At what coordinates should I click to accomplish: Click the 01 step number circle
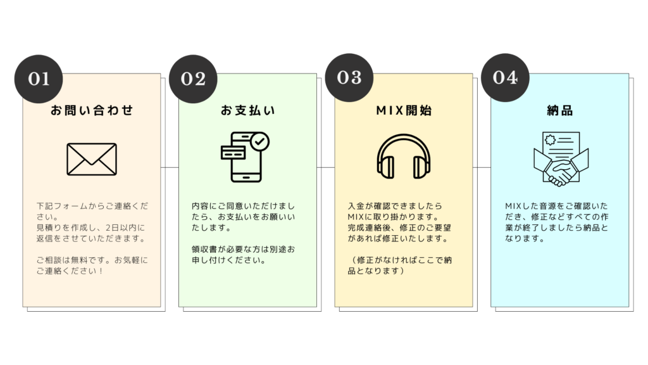click(39, 79)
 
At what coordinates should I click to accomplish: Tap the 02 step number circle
click(194, 79)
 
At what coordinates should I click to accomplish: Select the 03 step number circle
click(349, 77)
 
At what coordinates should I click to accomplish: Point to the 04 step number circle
click(505, 77)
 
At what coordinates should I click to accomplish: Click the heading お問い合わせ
click(92, 111)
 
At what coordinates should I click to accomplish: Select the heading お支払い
click(247, 111)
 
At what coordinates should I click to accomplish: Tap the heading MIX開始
click(404, 111)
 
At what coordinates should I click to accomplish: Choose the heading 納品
click(559, 111)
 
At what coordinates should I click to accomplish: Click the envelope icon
click(92, 158)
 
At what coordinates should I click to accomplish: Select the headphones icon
click(404, 157)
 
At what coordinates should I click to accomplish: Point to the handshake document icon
click(560, 158)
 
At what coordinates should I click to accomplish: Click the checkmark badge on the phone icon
click(259, 141)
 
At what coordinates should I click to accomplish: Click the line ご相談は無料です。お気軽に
click(91, 260)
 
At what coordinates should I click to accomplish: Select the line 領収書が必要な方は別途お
click(243, 248)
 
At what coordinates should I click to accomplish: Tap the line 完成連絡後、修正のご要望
click(399, 227)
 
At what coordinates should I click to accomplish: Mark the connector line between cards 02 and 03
click(326, 167)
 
